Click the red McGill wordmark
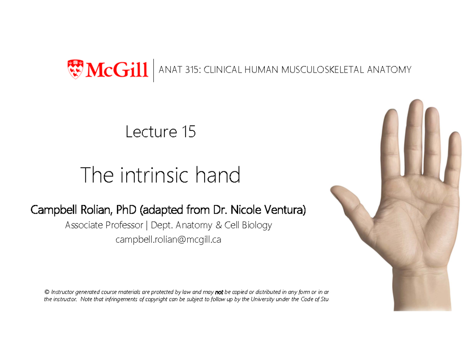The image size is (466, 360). (x=116, y=70)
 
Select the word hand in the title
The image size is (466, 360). (x=221, y=176)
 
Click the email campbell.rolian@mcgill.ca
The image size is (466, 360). (x=168, y=240)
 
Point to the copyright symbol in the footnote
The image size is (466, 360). (x=47, y=292)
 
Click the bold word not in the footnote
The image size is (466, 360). (x=219, y=292)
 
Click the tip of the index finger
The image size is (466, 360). (x=389, y=113)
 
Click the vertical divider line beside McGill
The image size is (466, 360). (x=154, y=70)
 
